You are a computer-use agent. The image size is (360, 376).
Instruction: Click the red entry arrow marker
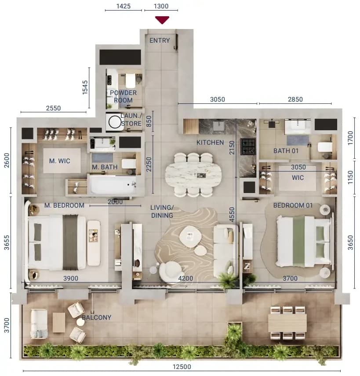(x=162, y=20)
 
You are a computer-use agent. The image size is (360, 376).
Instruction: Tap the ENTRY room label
(x=160, y=40)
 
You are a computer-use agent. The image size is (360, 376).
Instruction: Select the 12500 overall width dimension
(x=182, y=367)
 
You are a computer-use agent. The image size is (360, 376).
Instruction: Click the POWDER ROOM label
(x=123, y=96)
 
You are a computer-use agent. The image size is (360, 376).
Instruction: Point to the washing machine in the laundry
(x=115, y=122)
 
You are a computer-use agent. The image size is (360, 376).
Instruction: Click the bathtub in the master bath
(x=113, y=184)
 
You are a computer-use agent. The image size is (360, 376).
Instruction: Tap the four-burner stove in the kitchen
(x=248, y=146)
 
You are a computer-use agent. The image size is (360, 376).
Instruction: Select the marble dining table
(x=193, y=175)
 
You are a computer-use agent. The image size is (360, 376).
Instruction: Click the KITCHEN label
(x=210, y=142)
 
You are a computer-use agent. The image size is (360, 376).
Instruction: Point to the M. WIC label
(x=60, y=161)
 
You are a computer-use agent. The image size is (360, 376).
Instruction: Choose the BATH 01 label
(x=286, y=151)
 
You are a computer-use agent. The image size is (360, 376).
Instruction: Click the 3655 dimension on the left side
(x=7, y=242)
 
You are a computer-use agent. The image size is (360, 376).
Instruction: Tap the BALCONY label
(x=97, y=317)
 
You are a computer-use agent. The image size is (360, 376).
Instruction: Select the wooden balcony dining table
(x=287, y=322)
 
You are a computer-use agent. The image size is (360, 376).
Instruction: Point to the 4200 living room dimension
(x=185, y=278)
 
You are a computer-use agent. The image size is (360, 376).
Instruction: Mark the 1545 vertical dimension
(x=85, y=87)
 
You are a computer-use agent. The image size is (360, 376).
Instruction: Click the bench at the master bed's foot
(x=94, y=243)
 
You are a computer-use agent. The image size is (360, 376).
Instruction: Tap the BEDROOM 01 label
(x=293, y=205)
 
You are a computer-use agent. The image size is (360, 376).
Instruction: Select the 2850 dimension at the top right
(x=295, y=99)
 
